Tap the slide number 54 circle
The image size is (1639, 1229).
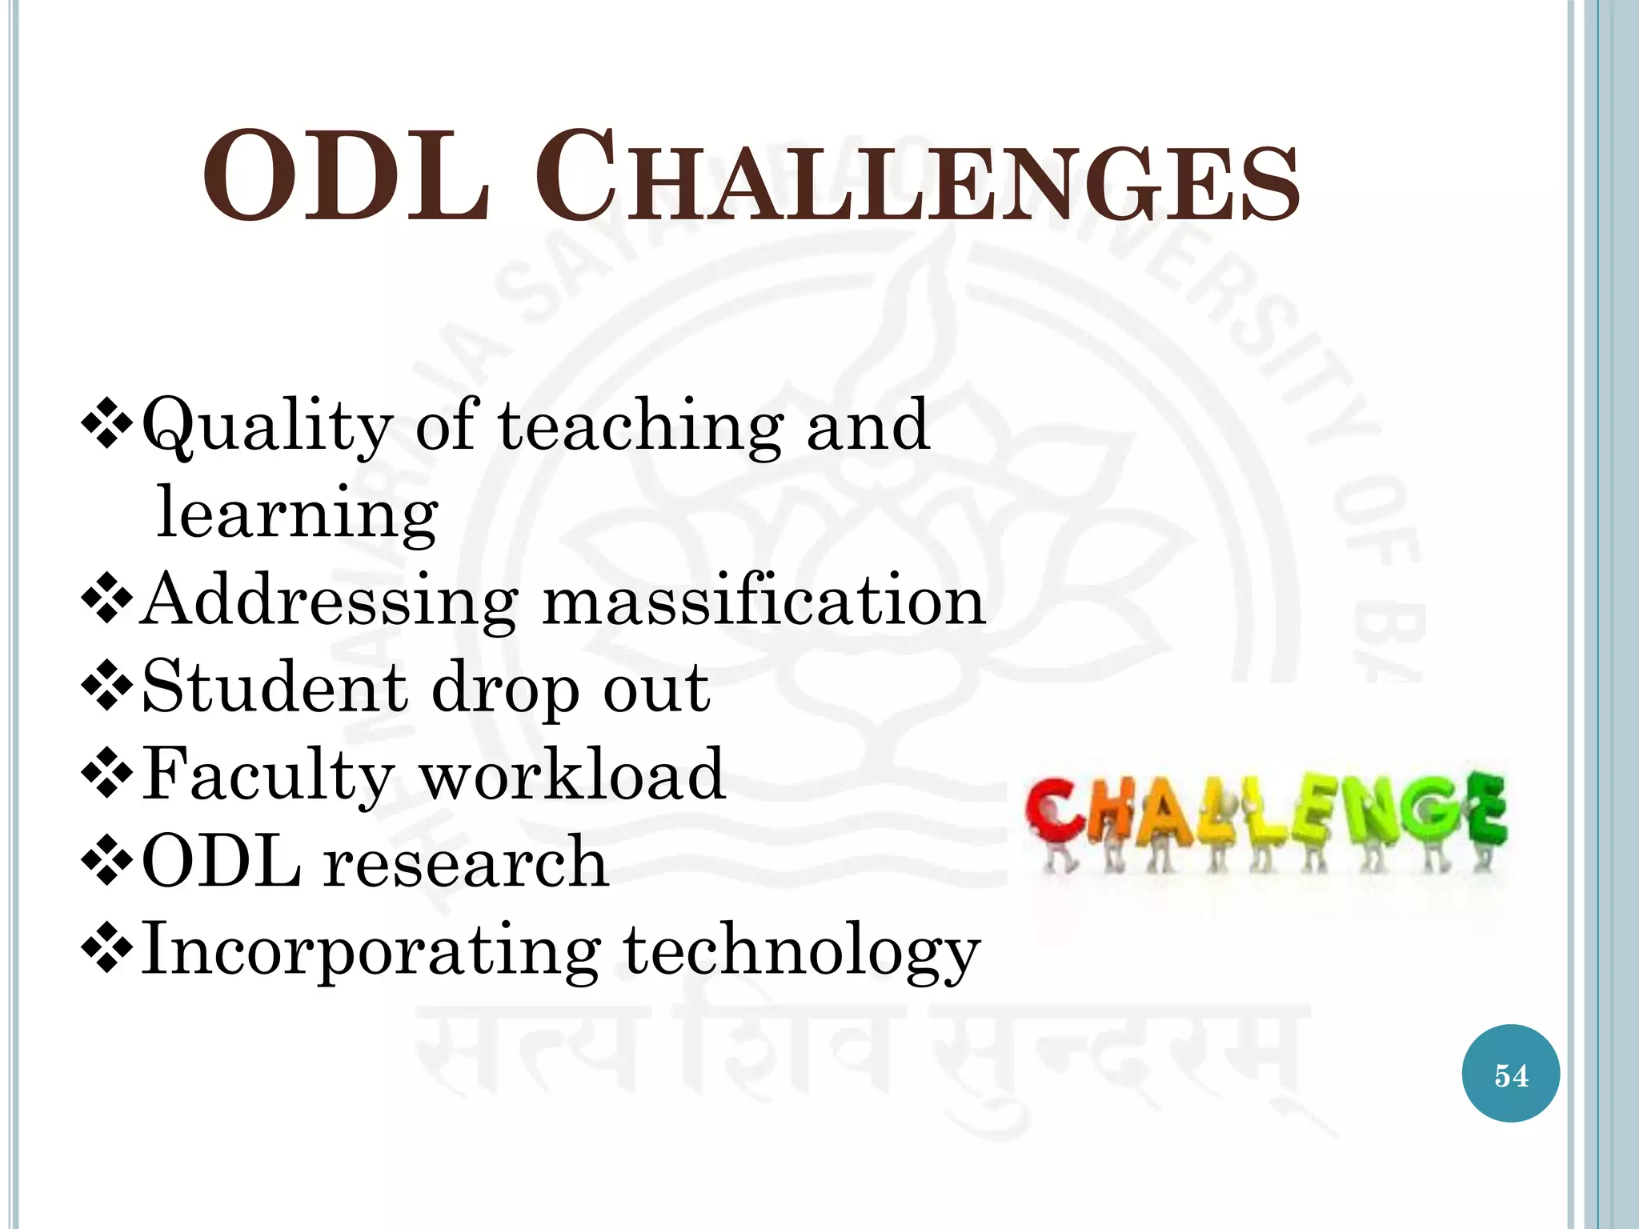point(1510,1074)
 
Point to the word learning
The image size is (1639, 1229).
point(297,514)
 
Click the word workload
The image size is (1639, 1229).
point(573,775)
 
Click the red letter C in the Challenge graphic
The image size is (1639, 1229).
point(1055,815)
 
